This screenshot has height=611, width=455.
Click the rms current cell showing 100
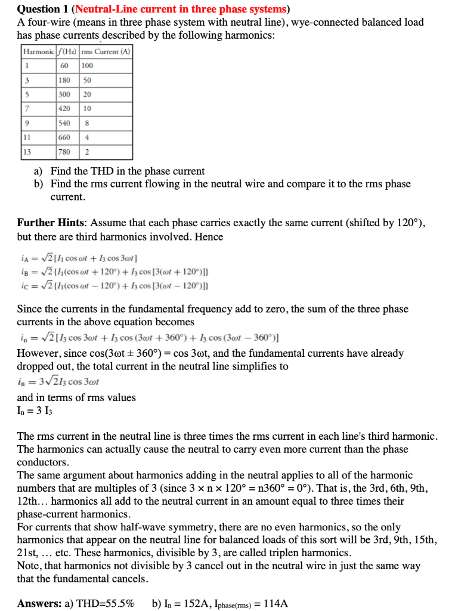(x=88, y=65)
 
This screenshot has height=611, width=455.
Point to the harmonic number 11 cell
(x=27, y=137)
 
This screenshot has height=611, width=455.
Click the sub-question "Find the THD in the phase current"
(x=128, y=171)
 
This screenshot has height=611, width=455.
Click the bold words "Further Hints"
(x=51, y=223)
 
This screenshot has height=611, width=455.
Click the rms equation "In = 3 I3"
(x=33, y=412)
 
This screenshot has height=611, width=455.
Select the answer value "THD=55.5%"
(x=103, y=603)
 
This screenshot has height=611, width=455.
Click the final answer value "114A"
(x=276, y=603)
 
